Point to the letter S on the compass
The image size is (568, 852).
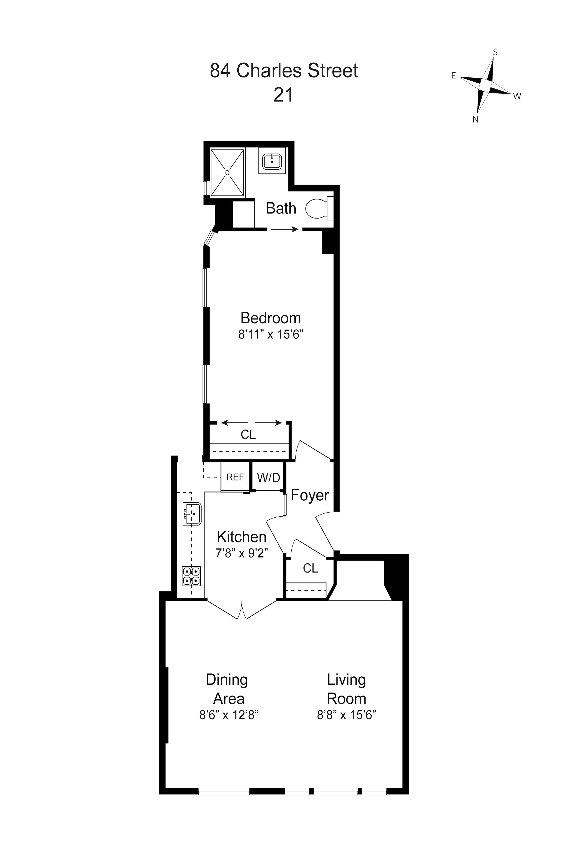point(495,53)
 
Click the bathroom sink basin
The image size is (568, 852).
point(272,161)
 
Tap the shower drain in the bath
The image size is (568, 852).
point(227,173)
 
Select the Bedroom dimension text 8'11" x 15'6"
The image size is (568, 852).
point(270,334)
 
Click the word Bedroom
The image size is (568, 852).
point(271,318)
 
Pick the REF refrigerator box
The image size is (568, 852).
point(235,477)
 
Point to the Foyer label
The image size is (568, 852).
point(310,495)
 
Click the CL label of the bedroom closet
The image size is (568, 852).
point(248,434)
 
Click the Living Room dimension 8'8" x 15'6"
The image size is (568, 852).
point(346,715)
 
